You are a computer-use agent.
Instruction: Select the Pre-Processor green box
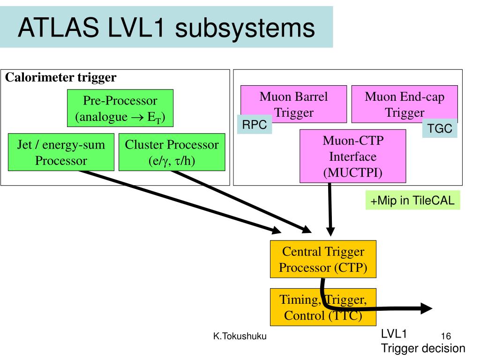(120, 108)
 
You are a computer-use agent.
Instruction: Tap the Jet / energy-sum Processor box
(61, 152)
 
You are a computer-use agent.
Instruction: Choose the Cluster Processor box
(172, 152)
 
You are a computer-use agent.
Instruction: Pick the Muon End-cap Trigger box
(405, 104)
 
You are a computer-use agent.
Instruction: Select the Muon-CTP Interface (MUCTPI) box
(352, 156)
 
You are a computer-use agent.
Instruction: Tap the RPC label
(254, 125)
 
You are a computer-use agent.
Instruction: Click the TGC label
(440, 129)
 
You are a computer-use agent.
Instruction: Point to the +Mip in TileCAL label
(412, 200)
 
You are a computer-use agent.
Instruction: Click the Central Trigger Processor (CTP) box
(323, 259)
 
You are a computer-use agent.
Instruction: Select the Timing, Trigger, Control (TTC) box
(323, 307)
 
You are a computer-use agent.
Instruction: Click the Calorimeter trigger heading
(61, 77)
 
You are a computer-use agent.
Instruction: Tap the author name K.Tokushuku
(240, 336)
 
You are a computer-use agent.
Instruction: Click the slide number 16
(446, 336)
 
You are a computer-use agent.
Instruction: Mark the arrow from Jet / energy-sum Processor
(178, 202)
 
